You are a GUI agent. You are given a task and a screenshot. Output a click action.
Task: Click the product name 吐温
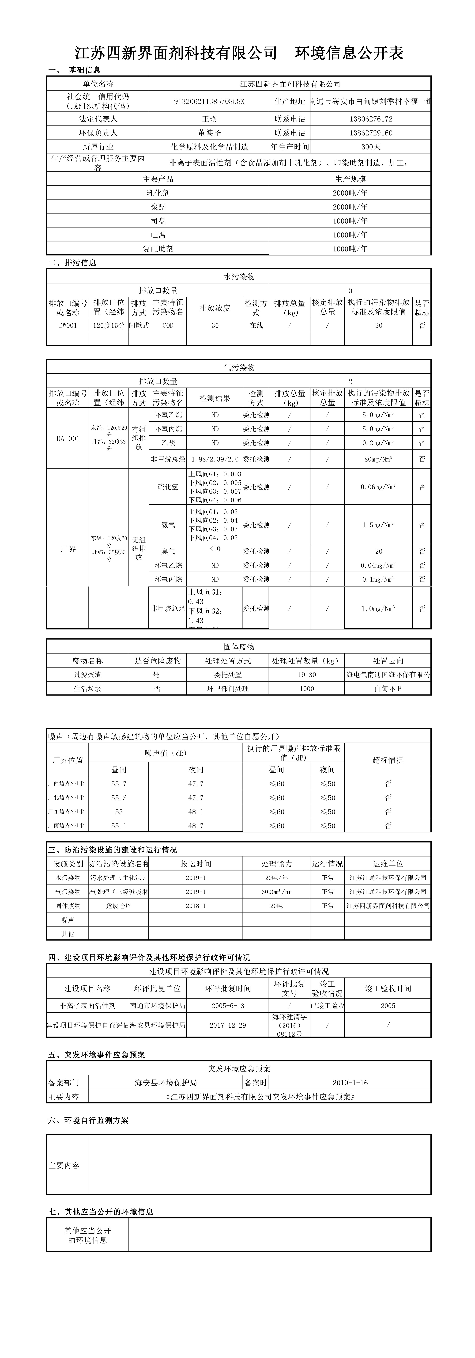[158, 235]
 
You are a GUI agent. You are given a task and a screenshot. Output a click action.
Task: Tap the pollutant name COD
[168, 325]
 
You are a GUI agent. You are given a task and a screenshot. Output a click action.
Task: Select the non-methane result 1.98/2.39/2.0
[215, 459]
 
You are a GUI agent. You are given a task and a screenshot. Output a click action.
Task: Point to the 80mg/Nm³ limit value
[379, 459]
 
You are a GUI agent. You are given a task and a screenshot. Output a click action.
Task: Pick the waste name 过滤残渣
[87, 674]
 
